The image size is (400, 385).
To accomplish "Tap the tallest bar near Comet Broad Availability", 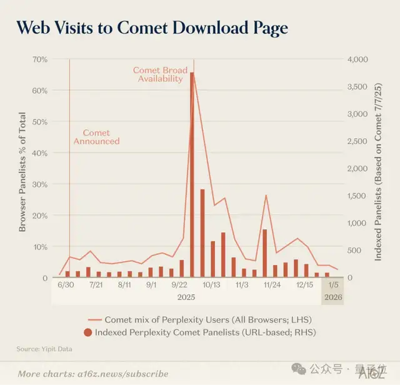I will point(192,175).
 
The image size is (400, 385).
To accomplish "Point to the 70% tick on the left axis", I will point(39,59).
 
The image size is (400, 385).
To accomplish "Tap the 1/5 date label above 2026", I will point(332,284).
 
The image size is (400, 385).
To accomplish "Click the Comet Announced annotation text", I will point(96,137).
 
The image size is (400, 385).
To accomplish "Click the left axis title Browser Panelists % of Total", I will point(22,172).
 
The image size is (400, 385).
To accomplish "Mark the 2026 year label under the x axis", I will point(332,297).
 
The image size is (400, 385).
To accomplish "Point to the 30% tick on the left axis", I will point(39,184).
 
